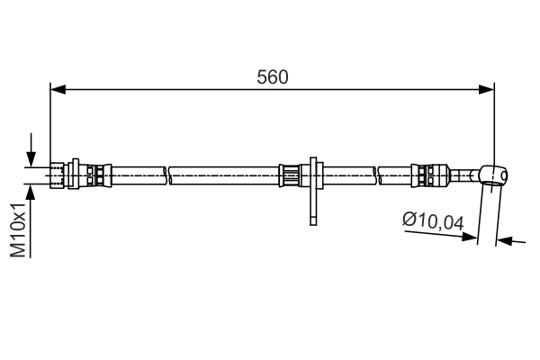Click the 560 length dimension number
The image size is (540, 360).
coord(272,77)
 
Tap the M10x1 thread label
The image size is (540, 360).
coord(17,229)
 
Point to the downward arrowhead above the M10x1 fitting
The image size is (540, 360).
coord(32,158)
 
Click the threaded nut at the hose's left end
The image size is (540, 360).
coord(61,174)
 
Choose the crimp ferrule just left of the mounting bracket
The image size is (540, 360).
coord(292,174)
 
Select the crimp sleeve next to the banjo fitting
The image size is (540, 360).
coord(427,174)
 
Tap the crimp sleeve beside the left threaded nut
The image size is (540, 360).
coord(97,174)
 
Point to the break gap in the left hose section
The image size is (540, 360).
coord(168,174)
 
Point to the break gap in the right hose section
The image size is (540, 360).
coord(378,174)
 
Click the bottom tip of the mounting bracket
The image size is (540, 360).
coord(312,222)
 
